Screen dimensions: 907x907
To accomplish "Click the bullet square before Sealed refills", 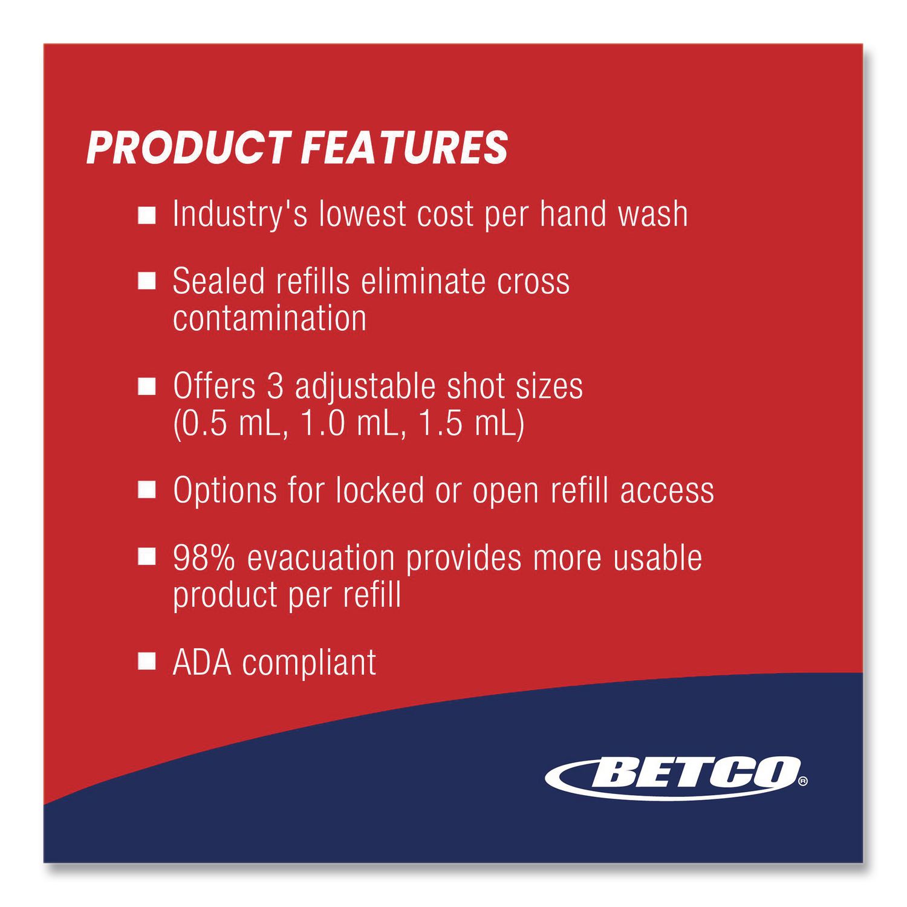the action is (147, 282).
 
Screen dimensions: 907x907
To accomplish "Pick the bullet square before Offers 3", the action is (147, 387).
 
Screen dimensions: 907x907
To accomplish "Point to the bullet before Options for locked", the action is (147, 490).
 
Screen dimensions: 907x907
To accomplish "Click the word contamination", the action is (270, 318).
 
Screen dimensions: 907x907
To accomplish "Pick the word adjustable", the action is (365, 388).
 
